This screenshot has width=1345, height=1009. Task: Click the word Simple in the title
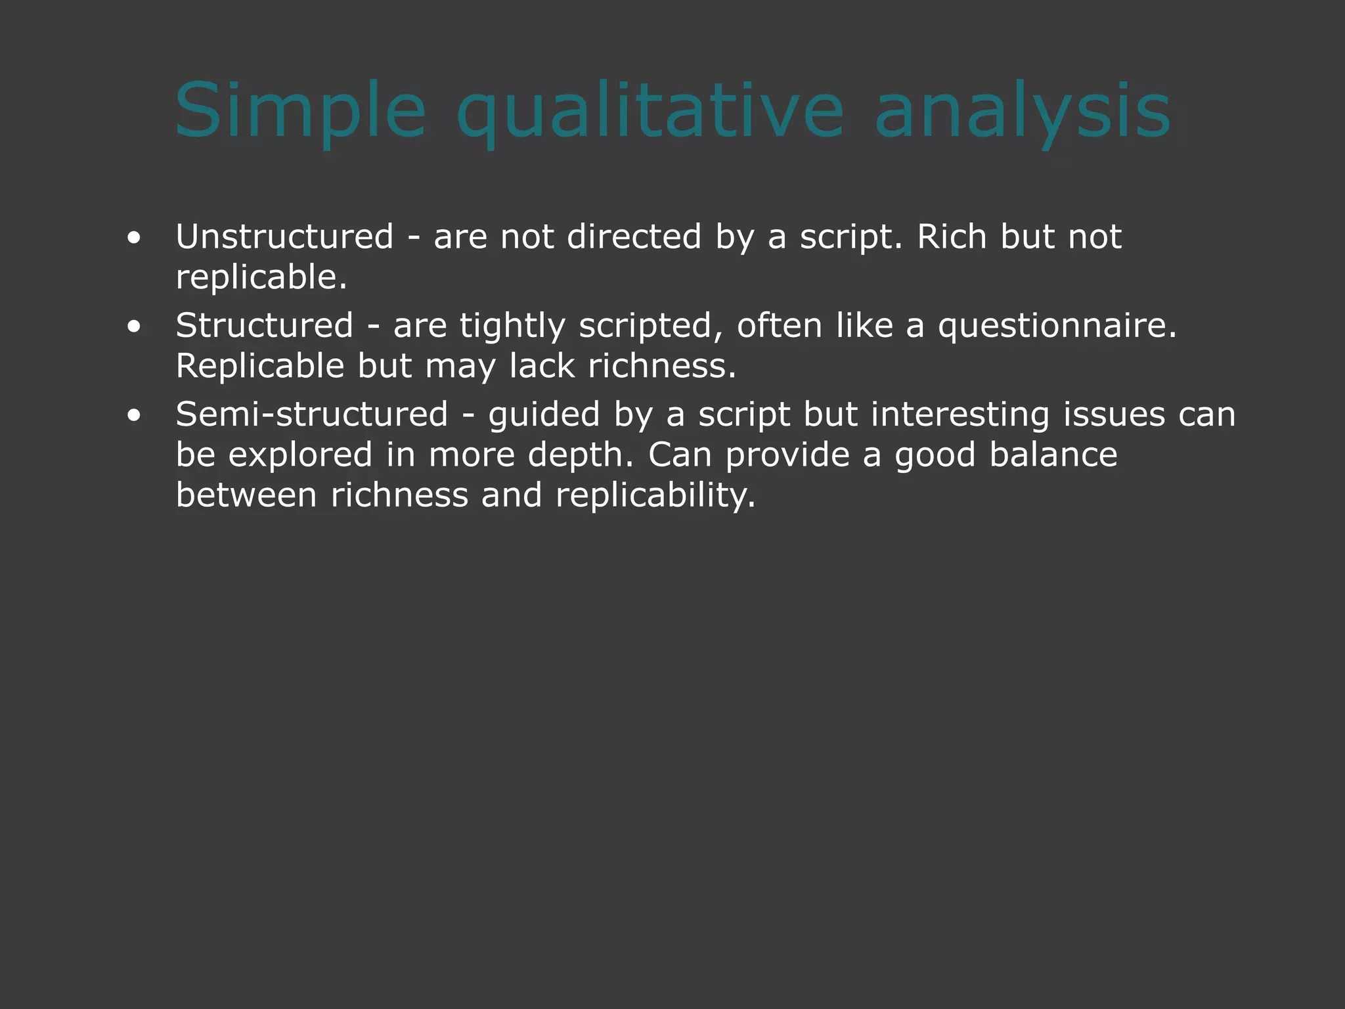point(300,110)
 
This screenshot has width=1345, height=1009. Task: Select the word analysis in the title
point(1023,110)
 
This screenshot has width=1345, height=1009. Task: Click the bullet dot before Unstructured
point(134,238)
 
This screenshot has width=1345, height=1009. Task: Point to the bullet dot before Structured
point(134,326)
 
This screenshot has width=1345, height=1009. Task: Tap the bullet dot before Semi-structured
point(134,415)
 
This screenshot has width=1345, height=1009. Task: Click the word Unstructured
point(284,236)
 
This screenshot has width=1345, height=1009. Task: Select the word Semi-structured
point(312,415)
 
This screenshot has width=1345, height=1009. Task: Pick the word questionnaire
point(1057,326)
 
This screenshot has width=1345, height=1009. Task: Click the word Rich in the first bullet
point(952,236)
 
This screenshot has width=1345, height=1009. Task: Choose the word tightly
point(512,326)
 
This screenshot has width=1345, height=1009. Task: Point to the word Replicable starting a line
point(260,366)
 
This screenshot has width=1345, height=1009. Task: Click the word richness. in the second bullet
point(662,366)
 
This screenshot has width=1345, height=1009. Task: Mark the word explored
point(300,455)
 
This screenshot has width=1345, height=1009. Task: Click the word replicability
point(655,495)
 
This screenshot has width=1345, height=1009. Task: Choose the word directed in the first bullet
point(634,236)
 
